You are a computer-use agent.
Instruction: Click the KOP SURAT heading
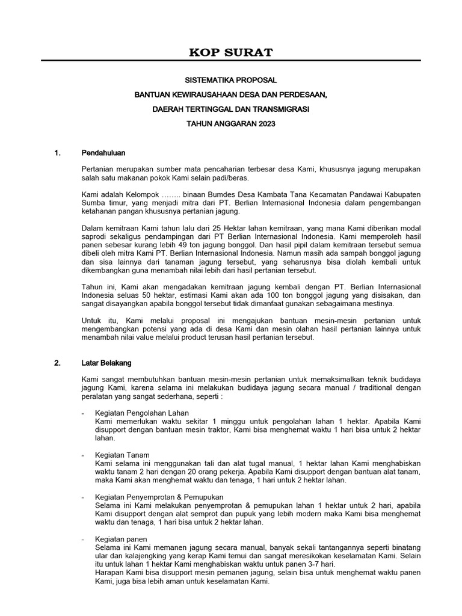click(231, 52)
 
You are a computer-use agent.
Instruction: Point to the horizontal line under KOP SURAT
click(231, 61)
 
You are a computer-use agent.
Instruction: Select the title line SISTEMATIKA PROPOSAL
click(231, 79)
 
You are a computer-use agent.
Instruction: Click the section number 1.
click(58, 153)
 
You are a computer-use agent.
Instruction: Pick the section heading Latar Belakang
click(106, 363)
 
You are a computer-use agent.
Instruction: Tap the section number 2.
click(58, 363)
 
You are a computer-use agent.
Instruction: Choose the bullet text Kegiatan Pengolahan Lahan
click(142, 413)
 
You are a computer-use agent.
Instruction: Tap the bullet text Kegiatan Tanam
click(123, 455)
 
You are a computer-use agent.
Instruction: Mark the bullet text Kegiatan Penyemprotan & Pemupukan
click(159, 497)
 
